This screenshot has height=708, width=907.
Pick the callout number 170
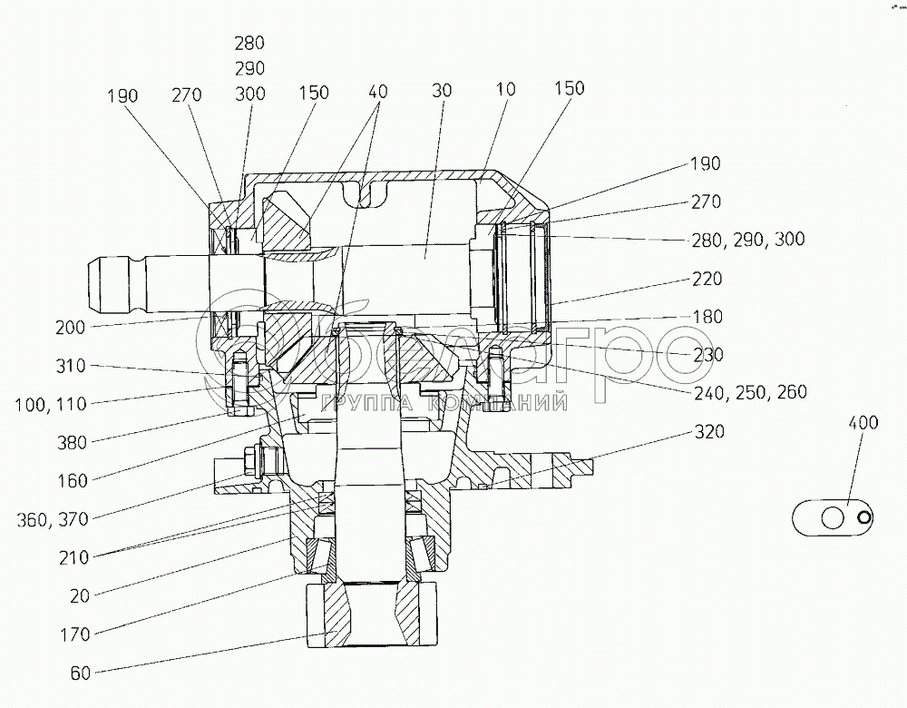71,634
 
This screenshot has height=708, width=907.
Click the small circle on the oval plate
865,518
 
